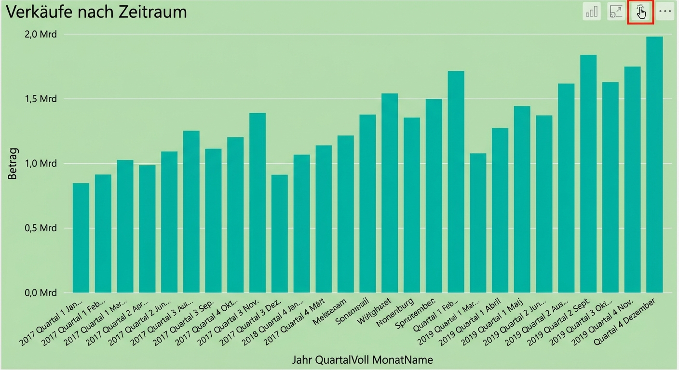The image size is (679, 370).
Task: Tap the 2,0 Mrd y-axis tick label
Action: click(x=41, y=34)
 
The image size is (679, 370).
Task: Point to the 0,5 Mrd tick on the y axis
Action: click(x=41, y=228)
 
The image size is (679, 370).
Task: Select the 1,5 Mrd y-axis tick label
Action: click(x=41, y=99)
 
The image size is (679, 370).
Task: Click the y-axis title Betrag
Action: click(x=13, y=164)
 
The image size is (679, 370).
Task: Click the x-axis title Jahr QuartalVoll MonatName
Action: click(x=362, y=360)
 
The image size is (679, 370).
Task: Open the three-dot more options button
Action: click(x=665, y=11)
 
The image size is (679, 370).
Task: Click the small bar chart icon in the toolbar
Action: click(x=592, y=11)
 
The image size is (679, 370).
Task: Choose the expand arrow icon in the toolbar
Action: click(x=616, y=11)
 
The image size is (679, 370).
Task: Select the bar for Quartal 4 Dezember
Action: click(x=654, y=164)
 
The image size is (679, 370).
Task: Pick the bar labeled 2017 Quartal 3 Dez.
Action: click(x=280, y=234)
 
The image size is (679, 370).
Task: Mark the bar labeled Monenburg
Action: click(x=412, y=205)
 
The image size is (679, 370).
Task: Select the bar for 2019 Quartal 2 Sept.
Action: click(x=588, y=173)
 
